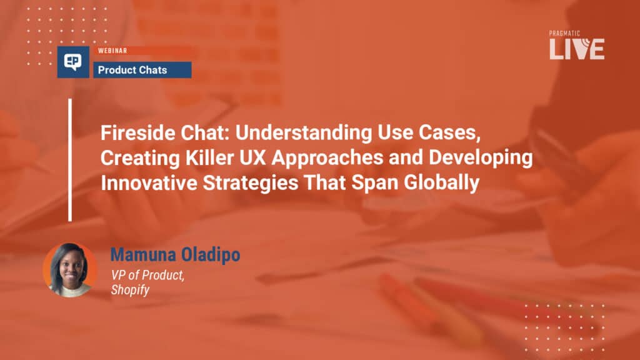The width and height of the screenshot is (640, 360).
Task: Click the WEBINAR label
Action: [112, 51]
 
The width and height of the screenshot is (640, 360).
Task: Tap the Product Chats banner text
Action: [132, 70]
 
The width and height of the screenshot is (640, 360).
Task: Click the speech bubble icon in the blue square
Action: [73, 62]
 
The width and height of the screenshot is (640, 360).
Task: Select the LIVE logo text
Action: [577, 49]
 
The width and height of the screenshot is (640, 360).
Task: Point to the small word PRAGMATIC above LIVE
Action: [564, 34]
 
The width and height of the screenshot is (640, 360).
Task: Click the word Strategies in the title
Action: [250, 183]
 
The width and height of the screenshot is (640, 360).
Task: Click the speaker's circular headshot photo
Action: [70, 270]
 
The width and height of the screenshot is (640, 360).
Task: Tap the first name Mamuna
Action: [143, 255]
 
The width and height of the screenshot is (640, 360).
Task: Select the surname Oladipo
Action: [211, 255]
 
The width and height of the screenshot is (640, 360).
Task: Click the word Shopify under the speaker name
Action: [130, 290]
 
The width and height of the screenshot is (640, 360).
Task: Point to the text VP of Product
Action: [147, 276]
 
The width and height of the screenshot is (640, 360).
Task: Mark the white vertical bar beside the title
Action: [70, 159]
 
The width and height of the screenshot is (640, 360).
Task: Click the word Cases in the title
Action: [449, 133]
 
